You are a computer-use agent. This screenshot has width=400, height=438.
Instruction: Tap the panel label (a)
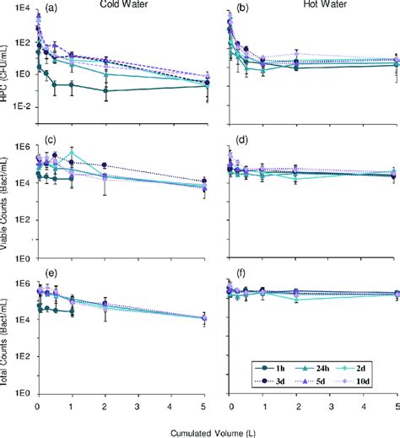(51, 8)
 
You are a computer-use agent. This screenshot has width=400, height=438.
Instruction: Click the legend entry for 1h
(279, 369)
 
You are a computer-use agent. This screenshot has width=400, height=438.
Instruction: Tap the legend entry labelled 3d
(279, 381)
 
